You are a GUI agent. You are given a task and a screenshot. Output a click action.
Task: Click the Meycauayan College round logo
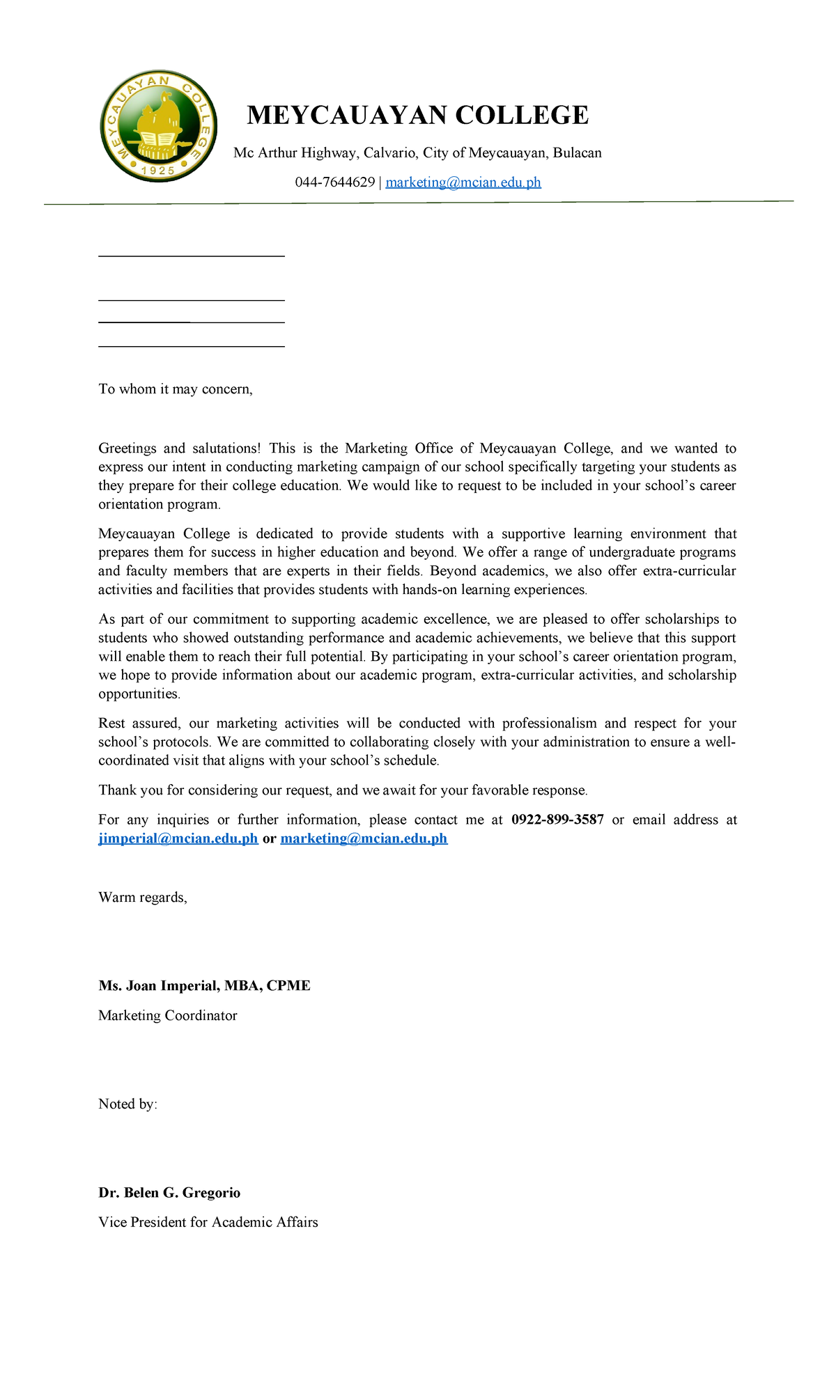[158, 126]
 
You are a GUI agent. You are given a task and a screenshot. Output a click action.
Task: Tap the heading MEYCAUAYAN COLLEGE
[417, 115]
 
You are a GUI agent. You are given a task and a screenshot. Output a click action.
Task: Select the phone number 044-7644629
[334, 182]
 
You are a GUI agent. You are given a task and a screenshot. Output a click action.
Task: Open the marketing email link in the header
[463, 182]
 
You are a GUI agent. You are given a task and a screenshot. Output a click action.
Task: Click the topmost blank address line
[192, 256]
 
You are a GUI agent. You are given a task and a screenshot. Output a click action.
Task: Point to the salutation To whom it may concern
[175, 389]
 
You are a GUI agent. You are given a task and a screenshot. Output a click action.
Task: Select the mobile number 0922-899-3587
[557, 820]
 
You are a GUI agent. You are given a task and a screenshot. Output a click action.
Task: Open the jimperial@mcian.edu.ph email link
[178, 838]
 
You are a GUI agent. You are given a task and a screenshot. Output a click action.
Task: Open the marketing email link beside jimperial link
[364, 838]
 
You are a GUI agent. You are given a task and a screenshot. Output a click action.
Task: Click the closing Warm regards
[143, 897]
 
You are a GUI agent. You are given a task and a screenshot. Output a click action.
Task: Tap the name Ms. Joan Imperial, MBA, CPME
[204, 985]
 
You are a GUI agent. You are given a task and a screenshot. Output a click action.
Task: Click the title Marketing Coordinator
[168, 1015]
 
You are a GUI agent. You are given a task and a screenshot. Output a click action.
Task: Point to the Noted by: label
[127, 1104]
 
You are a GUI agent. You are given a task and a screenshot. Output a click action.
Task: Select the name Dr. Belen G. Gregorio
[169, 1192]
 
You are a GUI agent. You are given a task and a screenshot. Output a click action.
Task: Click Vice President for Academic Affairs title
[208, 1222]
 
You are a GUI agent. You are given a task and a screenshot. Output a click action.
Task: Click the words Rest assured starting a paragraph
[139, 724]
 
